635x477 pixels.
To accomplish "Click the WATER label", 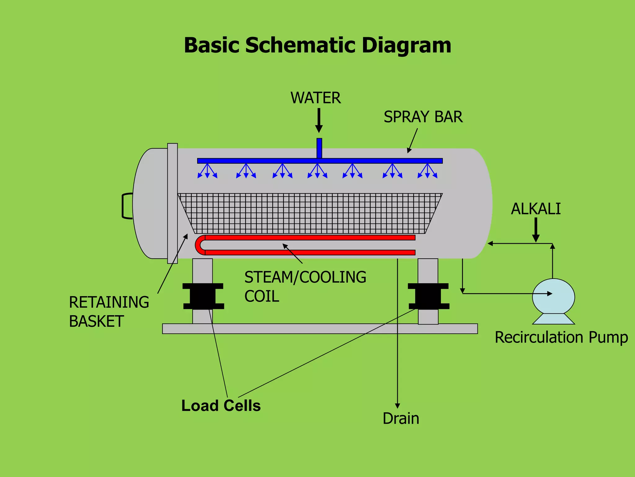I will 315,98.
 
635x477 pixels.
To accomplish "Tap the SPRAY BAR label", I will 423,117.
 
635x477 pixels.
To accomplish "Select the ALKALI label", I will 536,209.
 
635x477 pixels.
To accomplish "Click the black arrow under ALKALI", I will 536,230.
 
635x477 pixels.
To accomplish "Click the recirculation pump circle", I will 553,297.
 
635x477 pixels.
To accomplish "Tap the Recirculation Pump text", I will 561,337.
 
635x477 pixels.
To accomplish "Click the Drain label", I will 401,418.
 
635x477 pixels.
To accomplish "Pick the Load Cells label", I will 221,406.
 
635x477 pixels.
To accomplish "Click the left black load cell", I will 203,296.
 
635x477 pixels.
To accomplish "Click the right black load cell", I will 428,296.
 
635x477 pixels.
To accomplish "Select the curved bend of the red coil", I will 199,245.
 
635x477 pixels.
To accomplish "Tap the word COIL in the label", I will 262,296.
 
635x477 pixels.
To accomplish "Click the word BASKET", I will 96,321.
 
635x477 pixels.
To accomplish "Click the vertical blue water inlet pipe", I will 319,148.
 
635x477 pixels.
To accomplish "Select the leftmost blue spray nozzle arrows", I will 207,171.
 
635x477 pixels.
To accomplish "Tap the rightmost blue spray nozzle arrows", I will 427,171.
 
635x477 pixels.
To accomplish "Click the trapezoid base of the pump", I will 553,319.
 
